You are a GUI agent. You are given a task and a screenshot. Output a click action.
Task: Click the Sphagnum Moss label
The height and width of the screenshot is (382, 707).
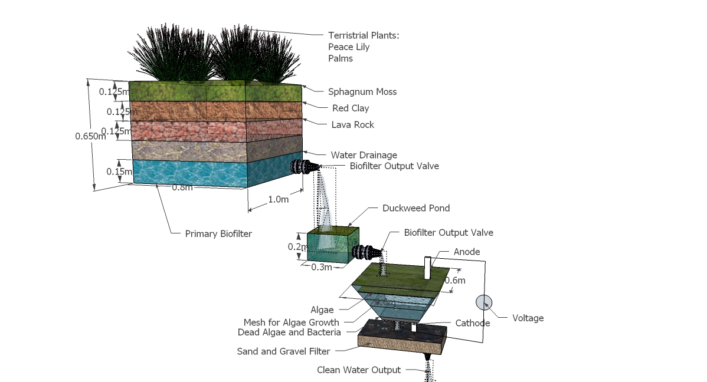[x=362, y=91]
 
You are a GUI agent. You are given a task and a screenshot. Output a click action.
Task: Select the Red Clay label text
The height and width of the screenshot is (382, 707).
[x=351, y=108]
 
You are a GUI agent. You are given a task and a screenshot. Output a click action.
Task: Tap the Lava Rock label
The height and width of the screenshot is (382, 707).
[x=352, y=124]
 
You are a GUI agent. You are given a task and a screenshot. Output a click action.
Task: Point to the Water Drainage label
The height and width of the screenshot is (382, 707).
[x=364, y=155]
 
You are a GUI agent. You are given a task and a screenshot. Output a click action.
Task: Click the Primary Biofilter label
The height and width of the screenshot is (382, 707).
[x=218, y=233]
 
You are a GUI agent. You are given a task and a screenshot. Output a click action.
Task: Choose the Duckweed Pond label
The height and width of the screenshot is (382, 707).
[x=415, y=208]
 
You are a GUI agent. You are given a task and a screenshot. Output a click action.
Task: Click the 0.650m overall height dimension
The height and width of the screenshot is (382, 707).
[x=90, y=136]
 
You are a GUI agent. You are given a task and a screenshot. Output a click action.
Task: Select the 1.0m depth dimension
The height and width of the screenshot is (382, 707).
[x=278, y=199]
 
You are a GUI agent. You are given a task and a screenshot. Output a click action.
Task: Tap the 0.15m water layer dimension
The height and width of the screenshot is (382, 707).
[x=119, y=172]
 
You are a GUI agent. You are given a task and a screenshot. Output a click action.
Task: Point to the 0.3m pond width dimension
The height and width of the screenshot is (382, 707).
[x=322, y=267]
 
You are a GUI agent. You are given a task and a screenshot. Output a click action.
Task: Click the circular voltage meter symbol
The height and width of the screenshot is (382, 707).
[x=484, y=302]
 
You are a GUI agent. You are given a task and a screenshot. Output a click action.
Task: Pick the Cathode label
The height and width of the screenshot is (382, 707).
[x=473, y=323]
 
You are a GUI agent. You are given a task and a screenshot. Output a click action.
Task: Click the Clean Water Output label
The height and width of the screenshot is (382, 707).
[x=359, y=370]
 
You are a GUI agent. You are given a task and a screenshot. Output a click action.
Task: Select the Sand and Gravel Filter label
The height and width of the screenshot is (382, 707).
[x=283, y=351]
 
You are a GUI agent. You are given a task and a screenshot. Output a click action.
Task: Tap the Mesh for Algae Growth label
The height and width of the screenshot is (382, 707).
[x=292, y=322]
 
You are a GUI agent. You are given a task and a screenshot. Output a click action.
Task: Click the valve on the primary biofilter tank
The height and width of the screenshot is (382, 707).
[x=305, y=167]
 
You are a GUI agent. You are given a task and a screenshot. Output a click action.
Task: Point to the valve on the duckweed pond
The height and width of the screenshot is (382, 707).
[x=366, y=252]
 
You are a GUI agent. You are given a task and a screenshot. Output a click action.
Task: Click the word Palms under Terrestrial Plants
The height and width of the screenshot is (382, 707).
[x=341, y=58]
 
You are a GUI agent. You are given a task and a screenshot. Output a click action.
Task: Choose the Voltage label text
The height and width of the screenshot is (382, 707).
[x=528, y=318]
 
